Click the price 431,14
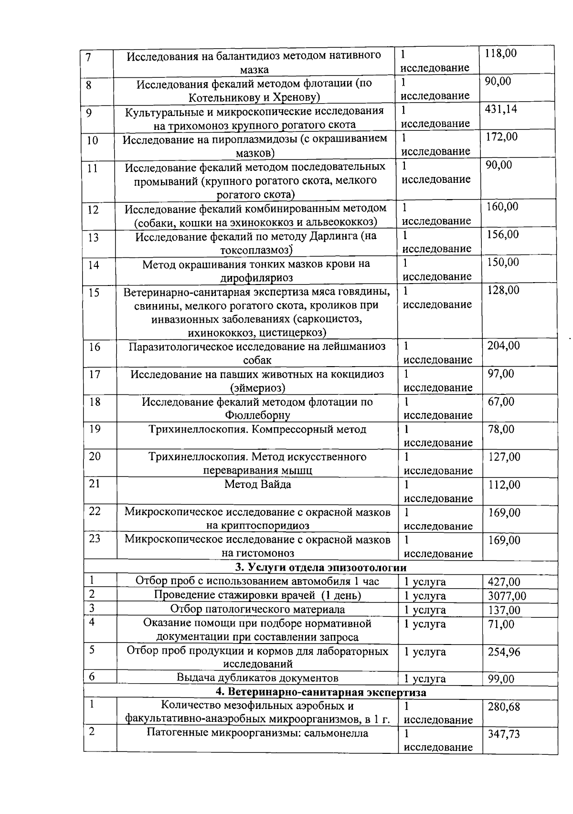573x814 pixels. pos(501,109)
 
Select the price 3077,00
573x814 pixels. pos(507,596)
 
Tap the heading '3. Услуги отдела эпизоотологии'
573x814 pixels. pos(320,568)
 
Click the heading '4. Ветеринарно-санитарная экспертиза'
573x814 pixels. pos(320,692)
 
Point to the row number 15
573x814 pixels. pos(94,292)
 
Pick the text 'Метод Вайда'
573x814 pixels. pos(258,485)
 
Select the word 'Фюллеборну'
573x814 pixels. pos(257,415)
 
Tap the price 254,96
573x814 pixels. pos(504,652)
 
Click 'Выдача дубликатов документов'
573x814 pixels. pos(257,678)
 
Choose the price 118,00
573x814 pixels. pos(500,53)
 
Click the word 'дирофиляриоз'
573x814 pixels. pos(256,277)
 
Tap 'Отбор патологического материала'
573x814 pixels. pos(257,610)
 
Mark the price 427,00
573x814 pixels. pos(504,582)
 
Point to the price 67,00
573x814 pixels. pos(501,402)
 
